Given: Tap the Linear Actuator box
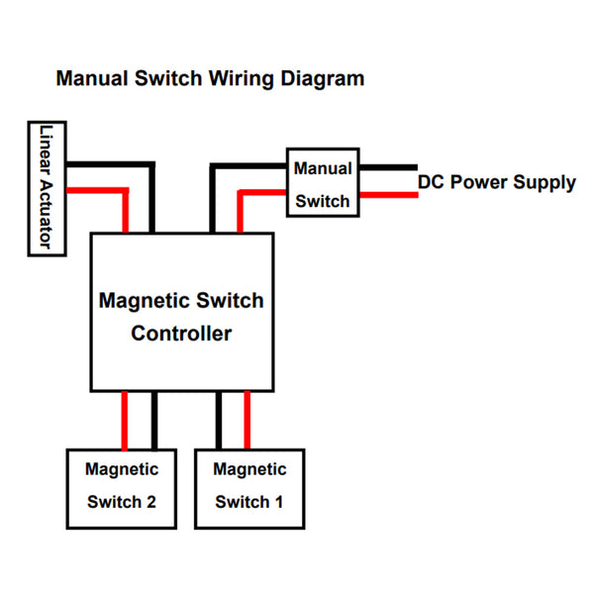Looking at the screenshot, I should tap(41, 188).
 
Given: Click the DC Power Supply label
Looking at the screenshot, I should tap(496, 182).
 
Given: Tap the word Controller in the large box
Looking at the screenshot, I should tap(181, 334).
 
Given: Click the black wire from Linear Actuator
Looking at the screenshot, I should tap(109, 166).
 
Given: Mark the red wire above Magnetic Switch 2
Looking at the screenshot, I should tap(126, 420).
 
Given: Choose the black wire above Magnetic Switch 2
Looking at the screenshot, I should tap(153, 420).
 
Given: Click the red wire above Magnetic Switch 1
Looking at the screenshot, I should tap(247, 420).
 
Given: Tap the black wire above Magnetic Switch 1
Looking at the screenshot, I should tap(219, 420).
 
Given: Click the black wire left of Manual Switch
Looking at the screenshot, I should tap(247, 166).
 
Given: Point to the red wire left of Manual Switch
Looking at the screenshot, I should tap(262, 190).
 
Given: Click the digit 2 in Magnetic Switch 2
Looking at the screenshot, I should tap(150, 502).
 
